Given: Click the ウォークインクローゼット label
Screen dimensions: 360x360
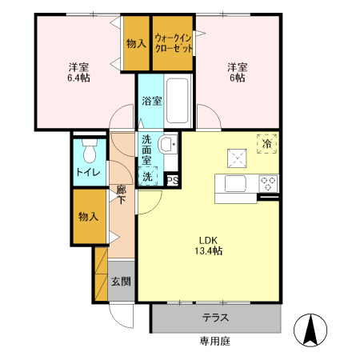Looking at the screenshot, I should (x=174, y=42).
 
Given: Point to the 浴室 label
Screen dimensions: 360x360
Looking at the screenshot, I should (x=151, y=101).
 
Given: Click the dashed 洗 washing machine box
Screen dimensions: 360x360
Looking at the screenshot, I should (x=148, y=177).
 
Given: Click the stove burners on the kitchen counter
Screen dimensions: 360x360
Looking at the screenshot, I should (x=267, y=182).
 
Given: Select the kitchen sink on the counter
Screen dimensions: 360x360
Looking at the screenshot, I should (x=236, y=183).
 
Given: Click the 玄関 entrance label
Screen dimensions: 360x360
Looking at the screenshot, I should (x=121, y=282).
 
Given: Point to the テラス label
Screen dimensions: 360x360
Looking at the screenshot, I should (x=216, y=318).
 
